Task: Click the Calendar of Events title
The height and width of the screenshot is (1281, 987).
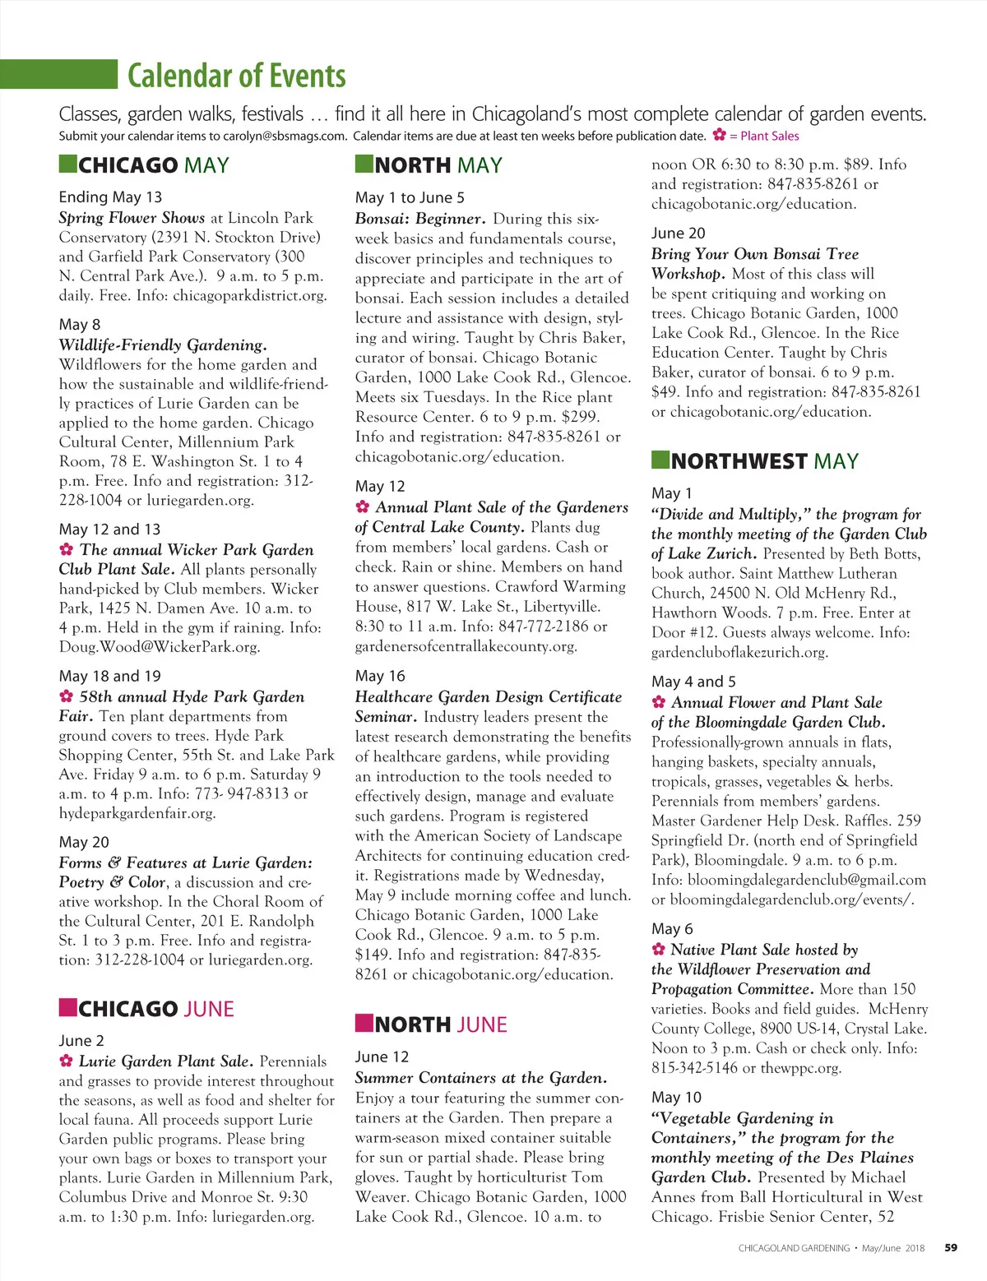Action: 236,76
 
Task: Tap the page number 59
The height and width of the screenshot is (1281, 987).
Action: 951,1247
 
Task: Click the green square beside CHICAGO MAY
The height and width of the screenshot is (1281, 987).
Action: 67,164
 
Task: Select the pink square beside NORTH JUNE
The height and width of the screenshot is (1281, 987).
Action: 364,1023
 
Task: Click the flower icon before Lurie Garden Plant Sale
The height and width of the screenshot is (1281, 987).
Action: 67,1061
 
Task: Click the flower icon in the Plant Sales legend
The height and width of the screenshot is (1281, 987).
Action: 719,136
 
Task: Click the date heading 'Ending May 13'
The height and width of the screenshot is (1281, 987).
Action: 110,197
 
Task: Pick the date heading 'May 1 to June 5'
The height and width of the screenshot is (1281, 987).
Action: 410,198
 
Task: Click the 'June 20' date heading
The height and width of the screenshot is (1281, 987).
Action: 678,234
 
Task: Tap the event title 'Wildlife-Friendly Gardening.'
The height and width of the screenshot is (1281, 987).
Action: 162,345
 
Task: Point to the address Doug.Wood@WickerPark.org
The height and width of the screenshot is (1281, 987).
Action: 160,647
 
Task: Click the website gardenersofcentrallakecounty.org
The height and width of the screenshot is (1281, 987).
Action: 466,646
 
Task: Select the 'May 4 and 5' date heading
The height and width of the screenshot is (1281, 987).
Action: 693,682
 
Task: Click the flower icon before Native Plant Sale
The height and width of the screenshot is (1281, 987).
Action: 658,950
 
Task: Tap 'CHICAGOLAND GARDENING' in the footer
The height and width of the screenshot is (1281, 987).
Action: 794,1248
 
